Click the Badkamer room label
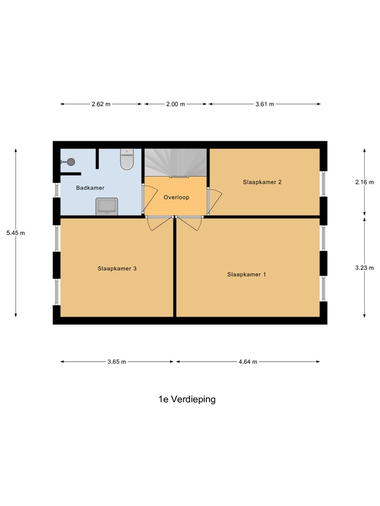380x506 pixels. point(90,188)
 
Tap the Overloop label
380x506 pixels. point(176,197)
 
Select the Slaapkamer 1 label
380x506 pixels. point(246,274)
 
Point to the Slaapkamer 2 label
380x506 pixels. point(262,182)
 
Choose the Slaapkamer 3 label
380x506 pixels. point(117,268)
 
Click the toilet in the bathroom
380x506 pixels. point(127,159)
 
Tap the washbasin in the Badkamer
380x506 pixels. point(107,206)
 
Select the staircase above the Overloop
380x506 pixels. point(176,161)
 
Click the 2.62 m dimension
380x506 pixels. point(101,104)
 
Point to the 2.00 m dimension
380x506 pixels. point(176,104)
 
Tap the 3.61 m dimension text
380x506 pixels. point(264,104)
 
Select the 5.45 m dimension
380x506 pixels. point(15,232)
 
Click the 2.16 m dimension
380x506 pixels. point(364,182)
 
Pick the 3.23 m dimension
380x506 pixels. point(364,267)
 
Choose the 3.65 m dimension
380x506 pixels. point(117,362)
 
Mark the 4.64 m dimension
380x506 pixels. point(248,362)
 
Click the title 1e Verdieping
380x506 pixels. point(187,399)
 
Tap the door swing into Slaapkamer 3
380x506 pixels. point(158,223)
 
